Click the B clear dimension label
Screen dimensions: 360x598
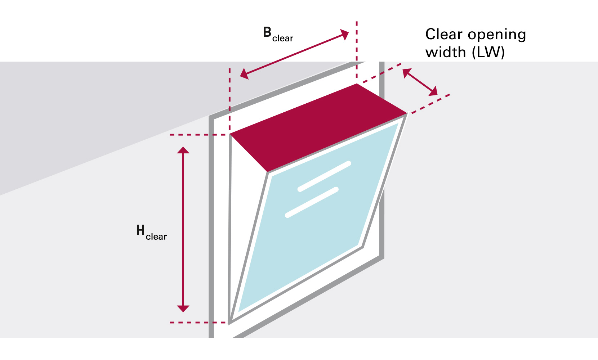(x=277, y=35)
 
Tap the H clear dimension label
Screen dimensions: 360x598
(x=151, y=232)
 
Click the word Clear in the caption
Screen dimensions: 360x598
(x=443, y=35)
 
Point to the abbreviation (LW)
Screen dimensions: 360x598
(x=488, y=53)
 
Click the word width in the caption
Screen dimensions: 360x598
(x=446, y=53)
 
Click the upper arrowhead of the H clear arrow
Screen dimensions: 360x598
(x=183, y=150)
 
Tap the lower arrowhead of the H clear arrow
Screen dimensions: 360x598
(x=183, y=308)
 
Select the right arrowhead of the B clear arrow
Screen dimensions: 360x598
(x=344, y=35)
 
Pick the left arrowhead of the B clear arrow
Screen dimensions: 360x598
(x=245, y=74)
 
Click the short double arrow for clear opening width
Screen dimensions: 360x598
(x=420, y=82)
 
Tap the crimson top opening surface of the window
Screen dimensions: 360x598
(x=317, y=126)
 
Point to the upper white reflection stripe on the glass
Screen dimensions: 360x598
(x=324, y=176)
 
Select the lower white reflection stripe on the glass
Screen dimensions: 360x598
(x=312, y=202)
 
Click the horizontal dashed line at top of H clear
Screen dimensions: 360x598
(x=198, y=135)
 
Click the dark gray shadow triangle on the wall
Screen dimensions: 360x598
(x=90, y=119)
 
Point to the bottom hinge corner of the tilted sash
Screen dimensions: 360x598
(x=230, y=321)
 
